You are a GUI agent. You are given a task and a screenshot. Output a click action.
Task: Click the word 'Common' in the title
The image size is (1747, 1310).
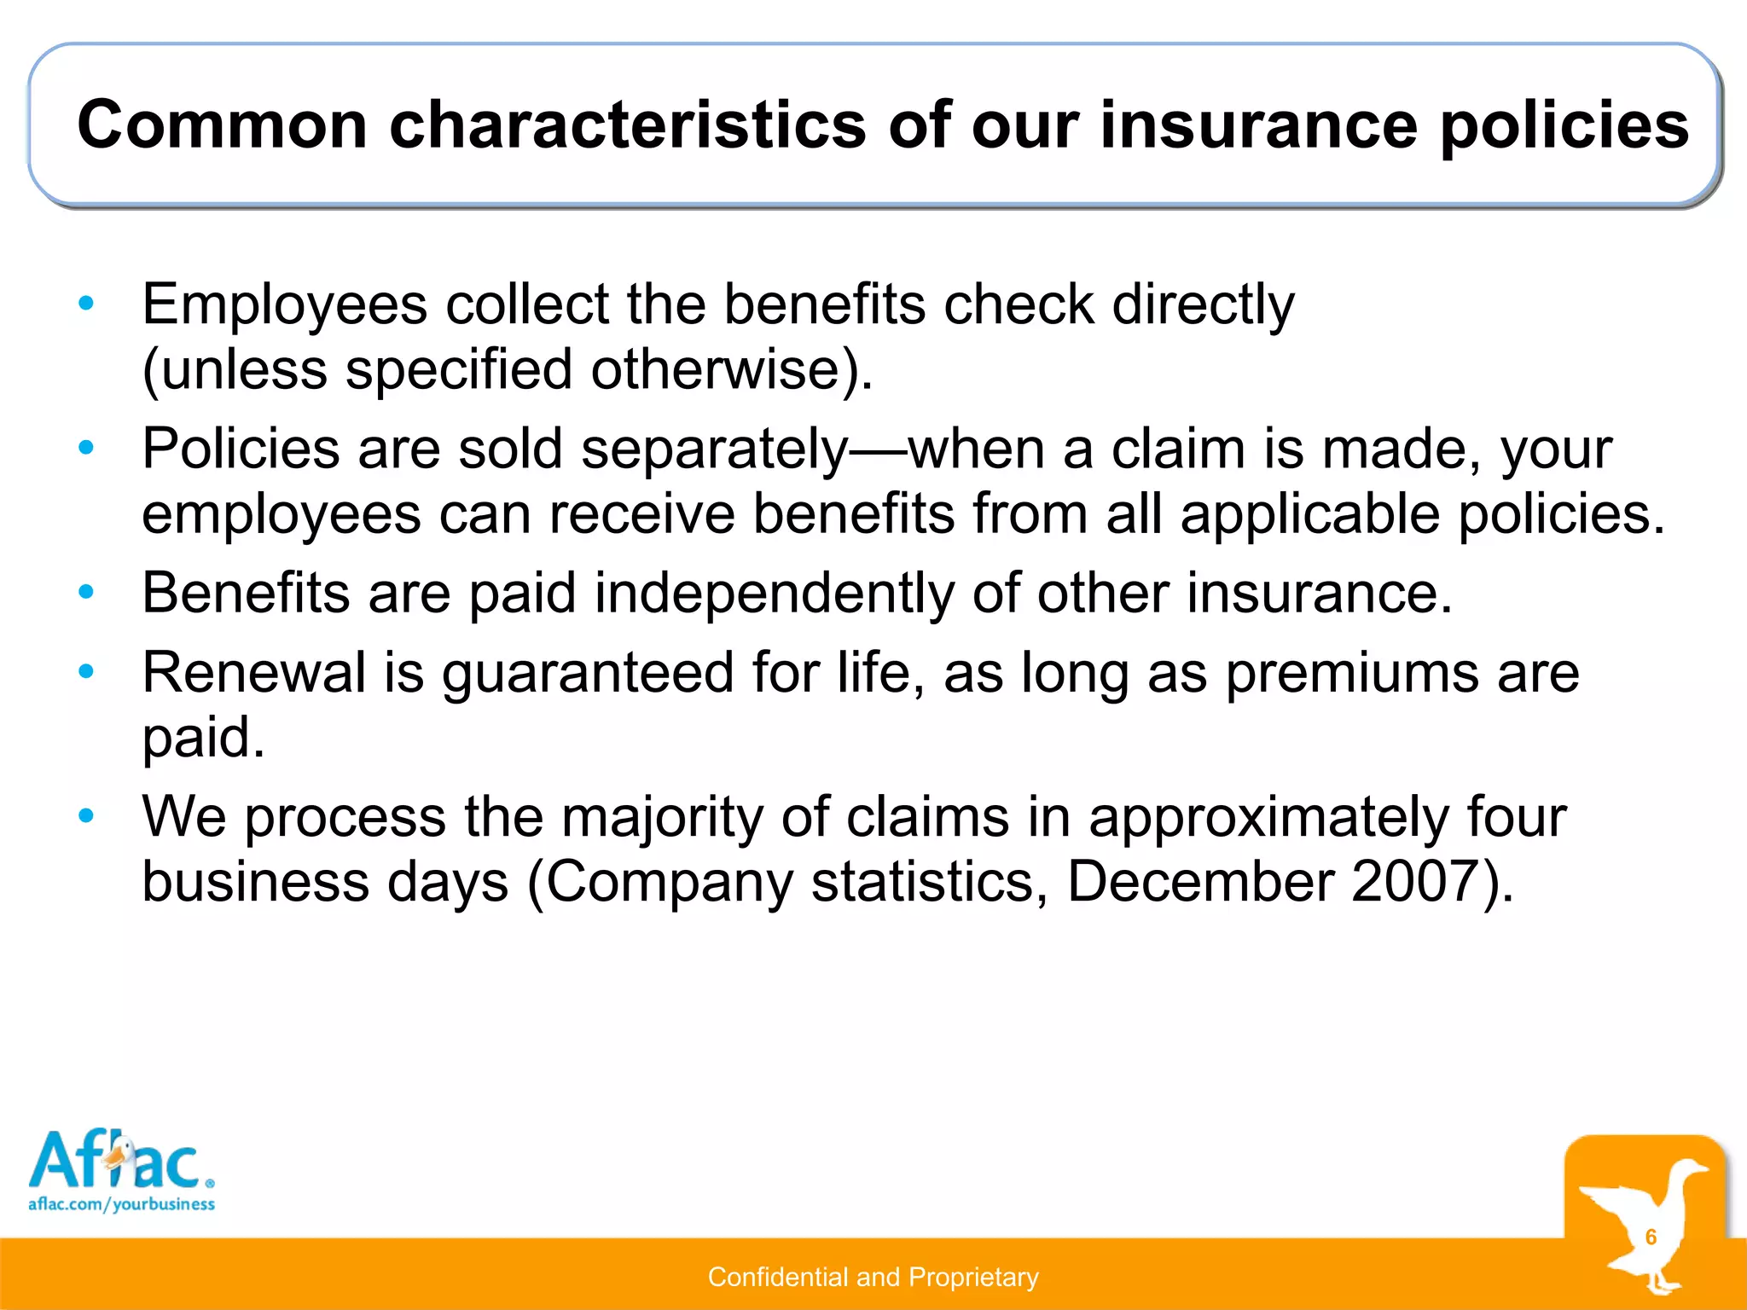[222, 125]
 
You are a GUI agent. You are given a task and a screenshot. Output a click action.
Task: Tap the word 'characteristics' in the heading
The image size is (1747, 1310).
[628, 125]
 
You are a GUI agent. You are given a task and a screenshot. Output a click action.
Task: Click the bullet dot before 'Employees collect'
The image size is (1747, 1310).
[85, 303]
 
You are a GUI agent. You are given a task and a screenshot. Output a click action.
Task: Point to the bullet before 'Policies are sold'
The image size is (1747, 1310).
[85, 447]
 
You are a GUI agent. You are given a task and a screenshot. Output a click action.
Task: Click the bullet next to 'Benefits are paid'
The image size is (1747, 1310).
[85, 591]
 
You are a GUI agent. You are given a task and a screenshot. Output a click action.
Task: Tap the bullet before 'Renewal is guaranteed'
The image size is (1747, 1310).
[85, 671]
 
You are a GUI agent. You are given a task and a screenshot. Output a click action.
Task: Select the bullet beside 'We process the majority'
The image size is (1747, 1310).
[85, 816]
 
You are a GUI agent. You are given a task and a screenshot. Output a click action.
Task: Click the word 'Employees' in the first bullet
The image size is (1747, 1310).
[284, 304]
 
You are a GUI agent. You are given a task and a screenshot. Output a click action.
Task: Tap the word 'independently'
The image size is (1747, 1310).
[774, 593]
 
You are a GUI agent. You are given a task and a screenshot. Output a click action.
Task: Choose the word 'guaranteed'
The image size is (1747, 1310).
[588, 674]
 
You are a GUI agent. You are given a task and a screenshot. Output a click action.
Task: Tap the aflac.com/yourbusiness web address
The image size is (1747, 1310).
[121, 1204]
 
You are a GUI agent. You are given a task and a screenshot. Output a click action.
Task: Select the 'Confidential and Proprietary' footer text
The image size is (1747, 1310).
[873, 1277]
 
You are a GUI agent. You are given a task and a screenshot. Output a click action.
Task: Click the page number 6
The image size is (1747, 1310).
[1651, 1237]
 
